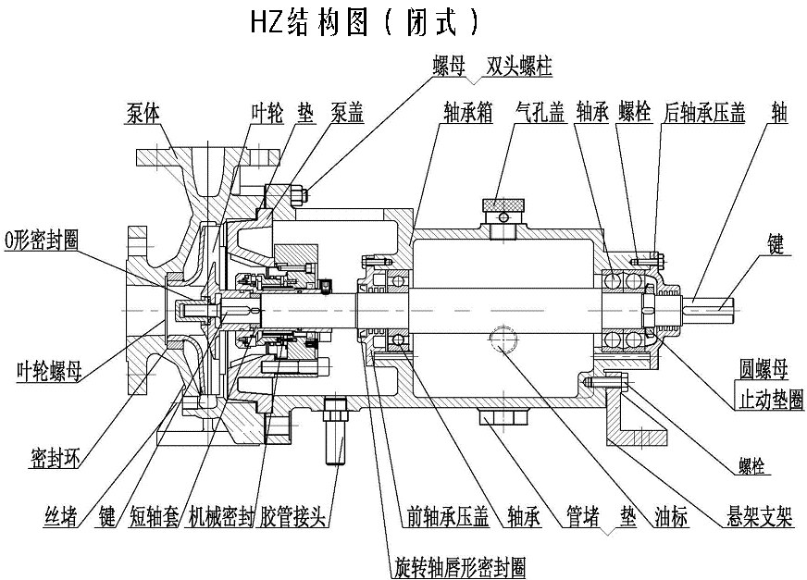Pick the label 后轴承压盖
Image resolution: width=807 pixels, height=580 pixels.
click(x=704, y=112)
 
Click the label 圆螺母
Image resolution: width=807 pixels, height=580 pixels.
click(x=763, y=370)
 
